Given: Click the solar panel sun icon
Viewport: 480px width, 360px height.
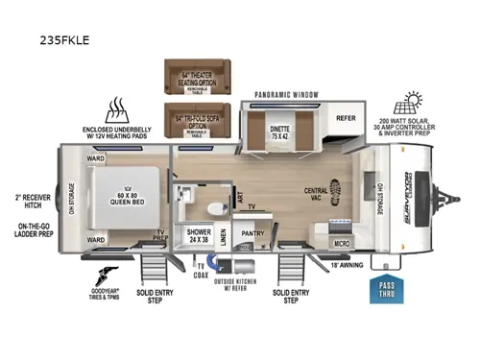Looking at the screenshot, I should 414,101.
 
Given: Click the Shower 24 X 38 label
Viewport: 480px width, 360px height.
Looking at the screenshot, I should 199,235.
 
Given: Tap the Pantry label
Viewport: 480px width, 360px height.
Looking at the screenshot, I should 253,233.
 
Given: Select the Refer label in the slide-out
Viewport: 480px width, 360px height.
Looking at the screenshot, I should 347,118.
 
